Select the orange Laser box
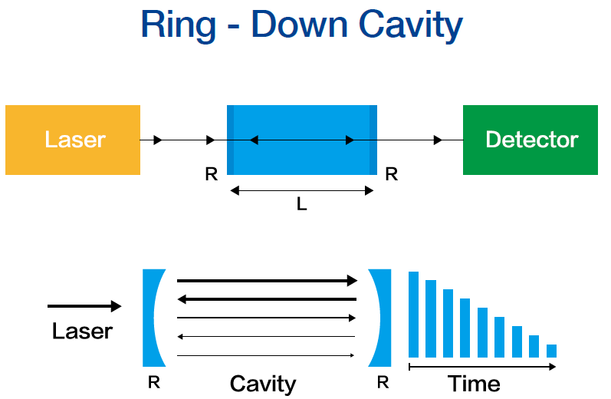[x=73, y=140]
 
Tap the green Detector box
[x=531, y=140]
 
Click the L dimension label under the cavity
[x=301, y=205]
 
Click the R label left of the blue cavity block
[x=212, y=175]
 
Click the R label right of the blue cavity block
[x=391, y=175]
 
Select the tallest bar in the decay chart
[x=414, y=315]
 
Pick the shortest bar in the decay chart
[x=551, y=351]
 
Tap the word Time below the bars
[x=474, y=383]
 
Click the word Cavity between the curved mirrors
[x=263, y=383]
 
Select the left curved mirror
[x=153, y=318]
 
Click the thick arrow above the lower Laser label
[x=84, y=306]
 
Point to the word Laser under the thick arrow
[x=82, y=331]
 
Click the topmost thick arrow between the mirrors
[x=267, y=281]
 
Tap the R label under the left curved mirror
[x=153, y=382]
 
